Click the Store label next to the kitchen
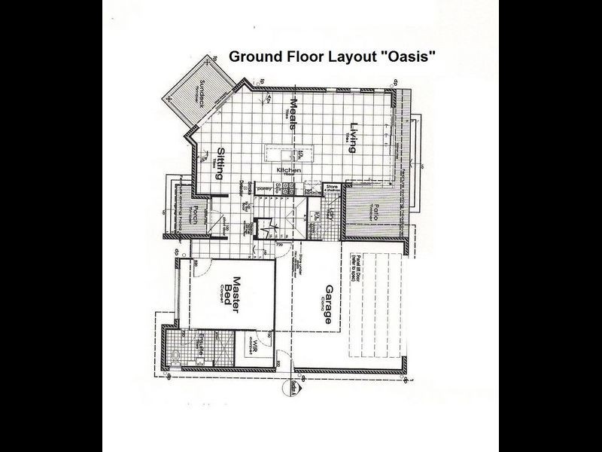point(332,188)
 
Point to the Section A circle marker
point(290,389)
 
